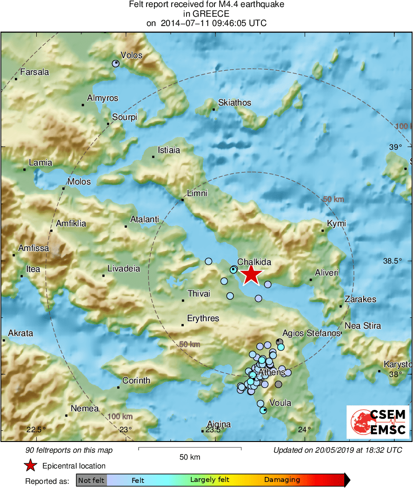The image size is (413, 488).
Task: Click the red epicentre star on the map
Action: (251, 274)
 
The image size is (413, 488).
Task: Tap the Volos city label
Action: (131, 55)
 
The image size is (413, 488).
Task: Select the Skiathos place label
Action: (234, 103)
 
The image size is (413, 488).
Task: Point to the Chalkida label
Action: (254, 262)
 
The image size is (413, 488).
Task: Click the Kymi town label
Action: (336, 224)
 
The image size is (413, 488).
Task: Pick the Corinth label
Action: (136, 380)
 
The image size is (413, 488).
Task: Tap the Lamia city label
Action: (40, 163)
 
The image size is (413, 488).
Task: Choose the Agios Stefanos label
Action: (312, 333)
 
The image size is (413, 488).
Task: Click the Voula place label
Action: (280, 403)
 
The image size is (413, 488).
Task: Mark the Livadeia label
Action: (124, 269)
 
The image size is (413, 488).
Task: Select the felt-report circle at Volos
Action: (116, 63)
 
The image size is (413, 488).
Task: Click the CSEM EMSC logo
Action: (378, 422)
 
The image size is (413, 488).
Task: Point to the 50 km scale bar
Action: (190, 448)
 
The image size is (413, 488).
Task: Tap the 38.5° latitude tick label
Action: (392, 261)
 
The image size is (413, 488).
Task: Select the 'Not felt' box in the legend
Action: (92, 480)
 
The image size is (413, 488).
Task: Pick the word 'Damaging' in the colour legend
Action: (282, 480)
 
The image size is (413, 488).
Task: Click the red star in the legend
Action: (31, 465)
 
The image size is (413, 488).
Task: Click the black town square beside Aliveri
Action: (311, 280)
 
